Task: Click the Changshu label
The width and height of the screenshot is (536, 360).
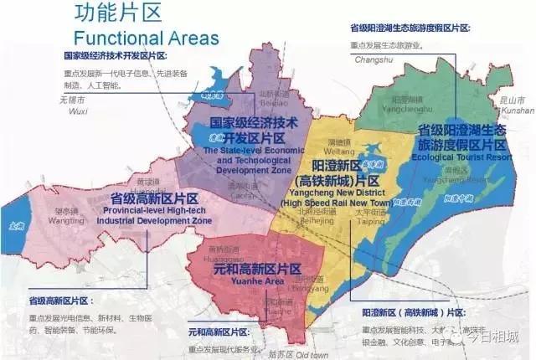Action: click(x=374, y=59)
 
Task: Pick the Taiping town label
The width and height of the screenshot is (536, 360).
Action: click(x=370, y=223)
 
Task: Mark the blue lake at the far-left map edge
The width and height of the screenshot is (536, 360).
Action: click(x=15, y=224)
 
